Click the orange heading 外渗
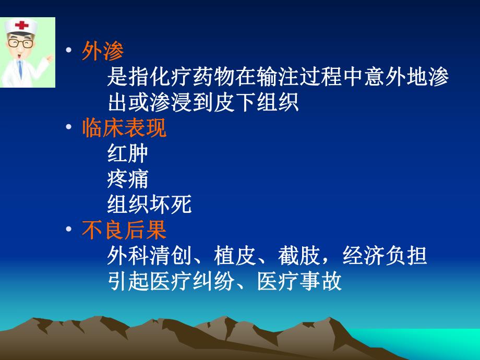(x=103, y=51)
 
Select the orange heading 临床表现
(x=124, y=128)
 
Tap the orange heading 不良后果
(x=124, y=230)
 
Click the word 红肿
(x=128, y=153)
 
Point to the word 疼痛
(x=128, y=179)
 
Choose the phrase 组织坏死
(x=149, y=205)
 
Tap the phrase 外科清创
(x=149, y=256)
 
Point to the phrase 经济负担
(x=385, y=256)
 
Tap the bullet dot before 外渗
(x=68, y=51)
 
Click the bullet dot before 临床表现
(x=68, y=128)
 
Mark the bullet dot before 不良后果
(x=68, y=230)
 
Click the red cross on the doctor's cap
(x=22, y=26)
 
